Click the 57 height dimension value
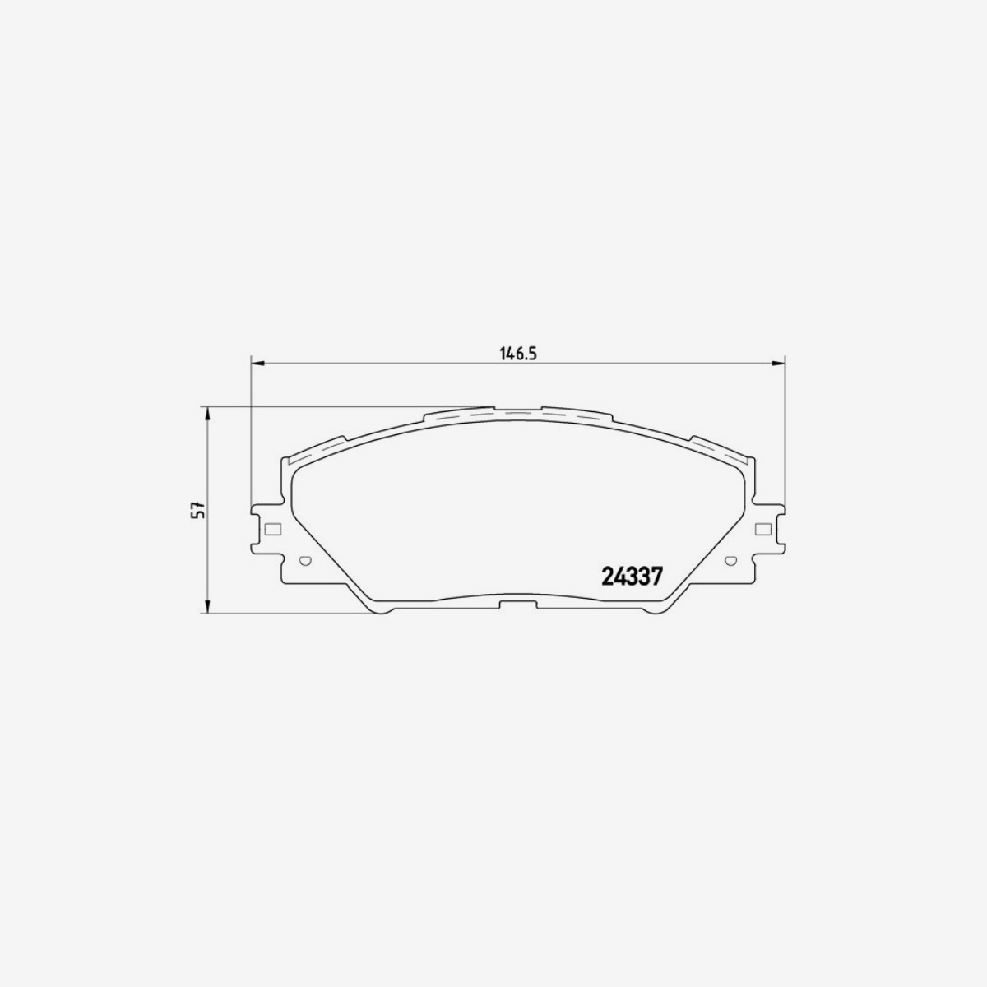197,510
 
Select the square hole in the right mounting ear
761,529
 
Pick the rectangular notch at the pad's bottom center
517,606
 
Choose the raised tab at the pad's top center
517,409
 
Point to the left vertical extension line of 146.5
249,436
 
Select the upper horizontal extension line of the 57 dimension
345,406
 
